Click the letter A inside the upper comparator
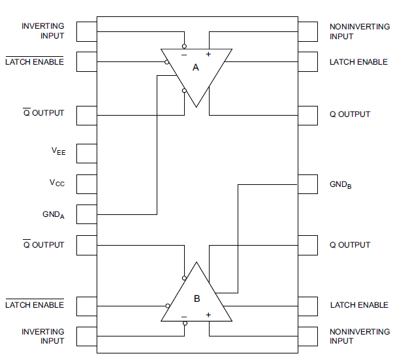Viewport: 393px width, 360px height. coord(195,67)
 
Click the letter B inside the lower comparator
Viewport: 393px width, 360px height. coord(197,299)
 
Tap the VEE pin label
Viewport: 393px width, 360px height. coord(58,151)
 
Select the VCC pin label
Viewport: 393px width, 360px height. coord(57,184)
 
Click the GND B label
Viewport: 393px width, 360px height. coord(341,186)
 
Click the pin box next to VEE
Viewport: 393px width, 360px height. coord(86,154)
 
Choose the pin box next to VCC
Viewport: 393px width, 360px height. coord(86,185)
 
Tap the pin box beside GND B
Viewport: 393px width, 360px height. coord(307,185)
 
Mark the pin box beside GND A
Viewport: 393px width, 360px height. coord(86,215)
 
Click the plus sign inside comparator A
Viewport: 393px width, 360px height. coord(209,54)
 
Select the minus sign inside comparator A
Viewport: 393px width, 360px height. coord(184,55)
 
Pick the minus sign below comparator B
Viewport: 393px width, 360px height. coord(184,316)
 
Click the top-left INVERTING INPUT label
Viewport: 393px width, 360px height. coord(43,31)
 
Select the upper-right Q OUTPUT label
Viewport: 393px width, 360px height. coord(350,114)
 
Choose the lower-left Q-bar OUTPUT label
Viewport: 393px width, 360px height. coord(44,245)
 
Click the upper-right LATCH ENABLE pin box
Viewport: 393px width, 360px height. coord(307,62)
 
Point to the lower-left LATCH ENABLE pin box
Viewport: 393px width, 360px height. coord(86,305)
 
